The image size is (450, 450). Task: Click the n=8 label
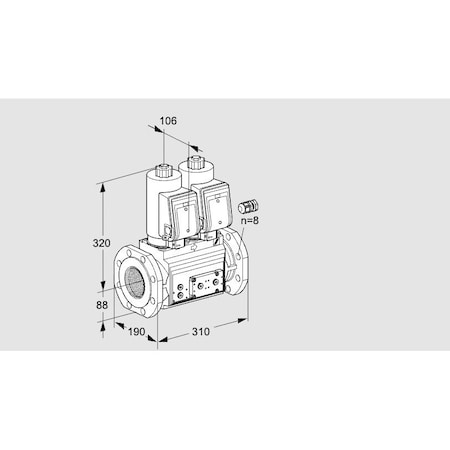pyautogui.click(x=249, y=220)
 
